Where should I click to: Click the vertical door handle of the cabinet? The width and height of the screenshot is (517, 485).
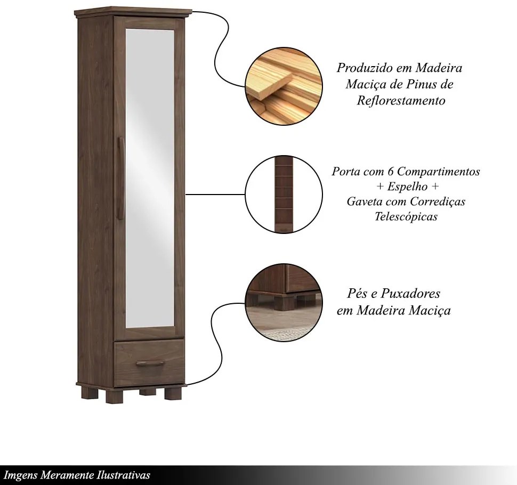pyautogui.click(x=120, y=178)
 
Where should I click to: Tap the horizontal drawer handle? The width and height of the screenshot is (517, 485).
pyautogui.click(x=150, y=363)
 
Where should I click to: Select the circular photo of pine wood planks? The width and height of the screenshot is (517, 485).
pyautogui.click(x=284, y=86)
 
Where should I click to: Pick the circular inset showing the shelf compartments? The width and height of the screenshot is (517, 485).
pyautogui.click(x=284, y=194)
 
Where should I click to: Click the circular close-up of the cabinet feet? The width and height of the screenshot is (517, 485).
pyautogui.click(x=284, y=302)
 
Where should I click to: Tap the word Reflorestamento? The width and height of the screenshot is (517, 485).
pyautogui.click(x=401, y=100)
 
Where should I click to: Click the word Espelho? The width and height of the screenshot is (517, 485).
pyautogui.click(x=407, y=187)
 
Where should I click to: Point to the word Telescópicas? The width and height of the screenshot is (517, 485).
pyautogui.click(x=406, y=216)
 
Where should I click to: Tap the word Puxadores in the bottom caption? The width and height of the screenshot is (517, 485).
pyautogui.click(x=410, y=293)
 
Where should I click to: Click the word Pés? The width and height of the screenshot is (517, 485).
pyautogui.click(x=357, y=293)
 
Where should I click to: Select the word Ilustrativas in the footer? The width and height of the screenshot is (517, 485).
pyautogui.click(x=124, y=475)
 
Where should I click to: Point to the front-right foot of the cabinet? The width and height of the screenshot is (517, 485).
pyautogui.click(x=173, y=393)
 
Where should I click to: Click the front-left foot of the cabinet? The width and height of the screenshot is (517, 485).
pyautogui.click(x=114, y=395)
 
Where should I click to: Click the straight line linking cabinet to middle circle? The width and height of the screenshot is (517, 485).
pyautogui.click(x=215, y=194)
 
